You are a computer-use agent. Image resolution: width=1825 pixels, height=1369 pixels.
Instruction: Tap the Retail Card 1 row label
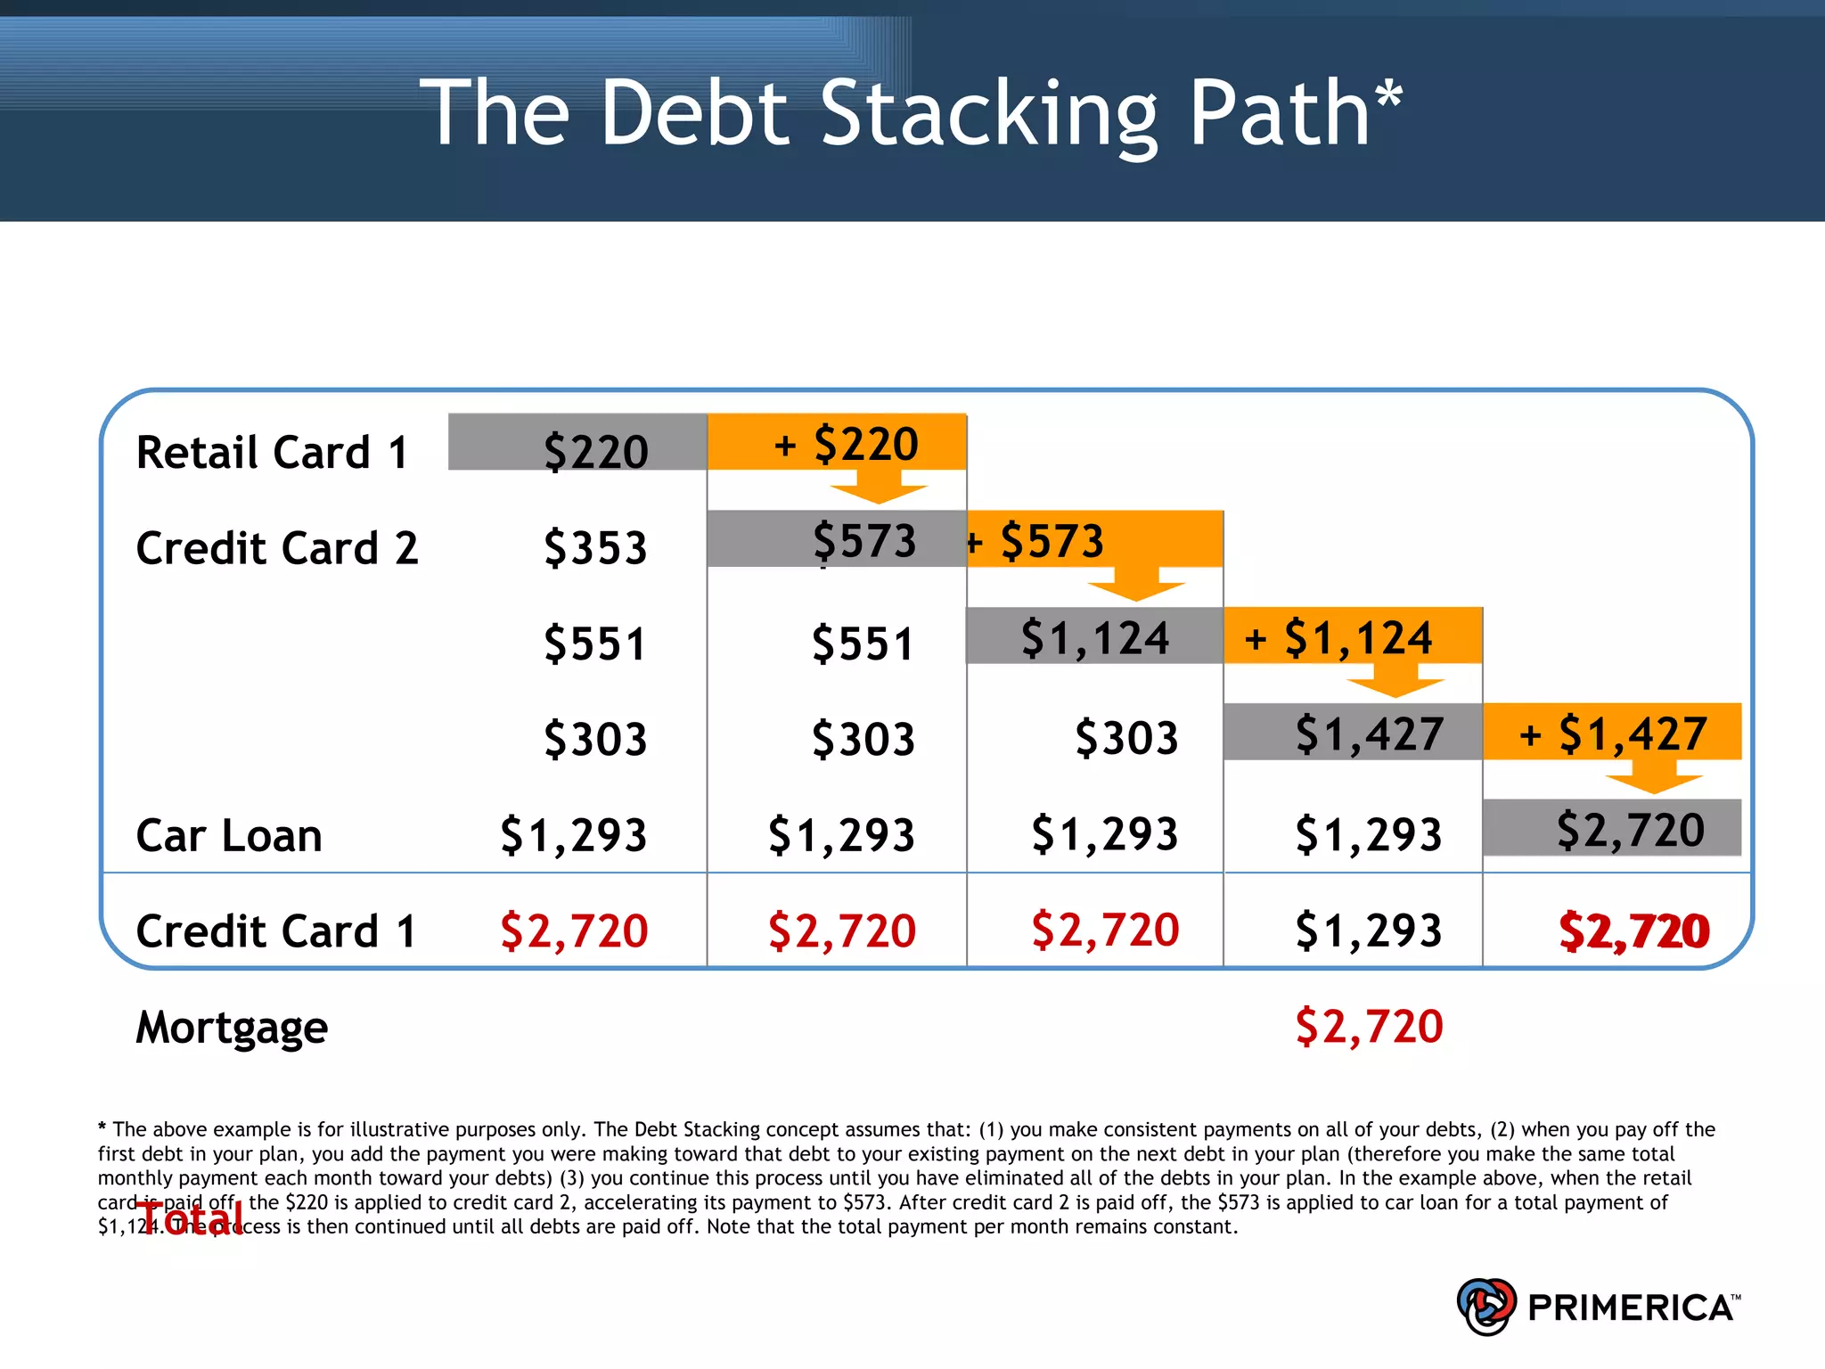point(272,452)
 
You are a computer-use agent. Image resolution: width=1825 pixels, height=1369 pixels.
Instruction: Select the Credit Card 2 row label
point(276,547)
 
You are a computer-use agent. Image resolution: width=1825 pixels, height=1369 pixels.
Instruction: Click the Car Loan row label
point(228,835)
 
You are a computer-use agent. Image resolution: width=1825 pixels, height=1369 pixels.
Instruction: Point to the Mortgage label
point(232,1027)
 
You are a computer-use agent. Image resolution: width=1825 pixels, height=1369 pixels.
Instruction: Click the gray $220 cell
point(577,443)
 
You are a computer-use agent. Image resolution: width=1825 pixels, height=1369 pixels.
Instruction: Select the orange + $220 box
point(837,442)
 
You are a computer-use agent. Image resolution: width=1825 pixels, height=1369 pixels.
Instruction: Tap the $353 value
point(595,547)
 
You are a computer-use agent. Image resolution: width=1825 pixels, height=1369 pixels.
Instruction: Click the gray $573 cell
point(836,539)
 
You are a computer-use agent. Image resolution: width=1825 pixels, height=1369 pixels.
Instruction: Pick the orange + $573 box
point(1094,539)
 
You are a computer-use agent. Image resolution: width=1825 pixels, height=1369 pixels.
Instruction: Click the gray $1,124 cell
point(1094,636)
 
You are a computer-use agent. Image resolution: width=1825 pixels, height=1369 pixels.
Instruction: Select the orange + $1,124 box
point(1353,636)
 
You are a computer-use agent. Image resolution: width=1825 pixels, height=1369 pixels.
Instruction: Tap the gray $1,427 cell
point(1353,733)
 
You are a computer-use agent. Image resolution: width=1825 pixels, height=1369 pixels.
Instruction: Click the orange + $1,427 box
point(1612,732)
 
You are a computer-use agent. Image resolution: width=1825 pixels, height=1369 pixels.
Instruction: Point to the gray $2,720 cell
point(1612,828)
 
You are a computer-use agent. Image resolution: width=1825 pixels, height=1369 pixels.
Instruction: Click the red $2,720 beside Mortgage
point(1369,1026)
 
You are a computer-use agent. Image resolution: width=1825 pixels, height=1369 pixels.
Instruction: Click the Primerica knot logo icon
point(1485,1306)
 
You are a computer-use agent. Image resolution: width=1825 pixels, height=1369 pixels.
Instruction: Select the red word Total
point(191,1218)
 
